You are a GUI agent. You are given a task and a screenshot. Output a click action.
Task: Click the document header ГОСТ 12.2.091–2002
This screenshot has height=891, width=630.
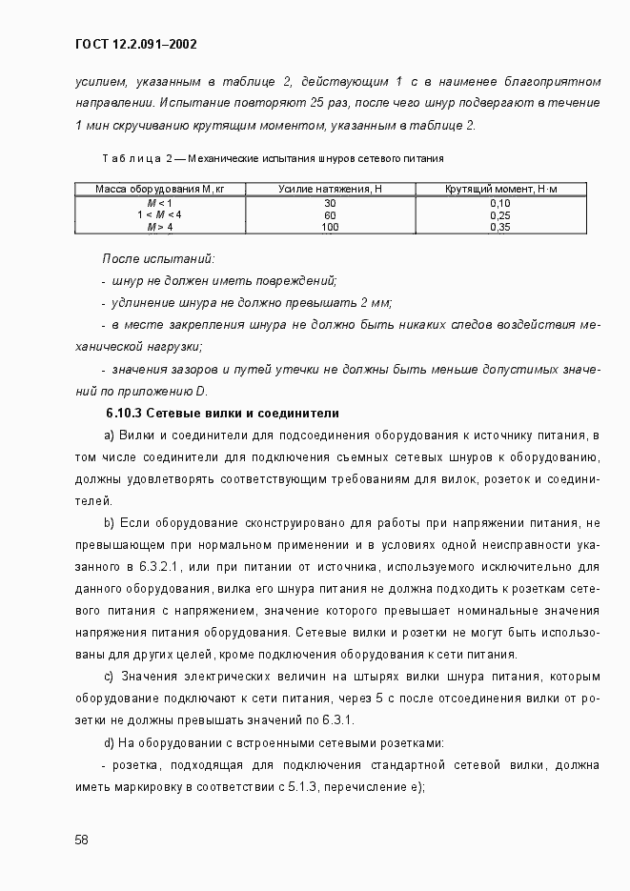click(x=134, y=44)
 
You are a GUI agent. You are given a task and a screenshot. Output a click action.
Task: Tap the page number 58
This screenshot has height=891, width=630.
click(x=82, y=840)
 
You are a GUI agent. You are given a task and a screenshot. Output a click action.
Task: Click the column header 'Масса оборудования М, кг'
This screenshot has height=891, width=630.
click(x=159, y=191)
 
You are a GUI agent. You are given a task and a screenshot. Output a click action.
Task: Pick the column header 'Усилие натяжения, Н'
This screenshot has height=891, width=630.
click(x=330, y=191)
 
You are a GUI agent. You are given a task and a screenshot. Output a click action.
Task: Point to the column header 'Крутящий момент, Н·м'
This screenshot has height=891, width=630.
click(x=500, y=191)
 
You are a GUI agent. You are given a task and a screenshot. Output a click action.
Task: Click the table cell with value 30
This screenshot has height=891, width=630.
click(x=330, y=203)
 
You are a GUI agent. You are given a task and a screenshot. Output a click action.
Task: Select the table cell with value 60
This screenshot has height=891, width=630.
click(x=330, y=215)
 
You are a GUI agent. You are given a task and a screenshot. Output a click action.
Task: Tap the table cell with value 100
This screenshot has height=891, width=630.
click(x=330, y=228)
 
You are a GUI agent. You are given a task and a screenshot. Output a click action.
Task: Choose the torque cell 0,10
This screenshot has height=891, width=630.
click(x=500, y=203)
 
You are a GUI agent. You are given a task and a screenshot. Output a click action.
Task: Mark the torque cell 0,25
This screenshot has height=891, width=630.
click(x=500, y=215)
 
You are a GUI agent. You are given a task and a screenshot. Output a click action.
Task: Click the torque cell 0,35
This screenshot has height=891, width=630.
click(x=500, y=228)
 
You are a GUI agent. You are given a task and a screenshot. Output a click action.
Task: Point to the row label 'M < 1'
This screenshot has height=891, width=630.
click(x=159, y=203)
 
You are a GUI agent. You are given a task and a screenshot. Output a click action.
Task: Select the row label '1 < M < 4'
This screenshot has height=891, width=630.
click(x=159, y=215)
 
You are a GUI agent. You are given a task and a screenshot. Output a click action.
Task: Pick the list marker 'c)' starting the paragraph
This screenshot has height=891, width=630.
click(x=109, y=677)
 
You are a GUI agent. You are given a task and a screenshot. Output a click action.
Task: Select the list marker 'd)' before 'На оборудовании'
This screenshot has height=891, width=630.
click(x=109, y=742)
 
